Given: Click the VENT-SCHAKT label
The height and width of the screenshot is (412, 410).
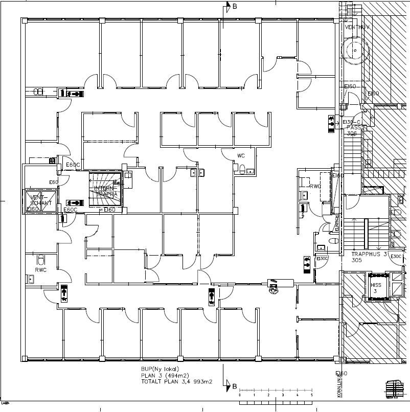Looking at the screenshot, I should click(41, 200).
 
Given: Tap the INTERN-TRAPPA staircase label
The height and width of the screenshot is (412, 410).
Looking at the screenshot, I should click(106, 191).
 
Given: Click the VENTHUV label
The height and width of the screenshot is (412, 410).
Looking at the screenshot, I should click(357, 27).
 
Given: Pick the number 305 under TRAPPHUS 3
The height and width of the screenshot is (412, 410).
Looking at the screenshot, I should click(357, 260).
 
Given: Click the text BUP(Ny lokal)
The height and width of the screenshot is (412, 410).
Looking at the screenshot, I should click(161, 368).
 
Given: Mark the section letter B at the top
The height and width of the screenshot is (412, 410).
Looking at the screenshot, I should click(235, 7).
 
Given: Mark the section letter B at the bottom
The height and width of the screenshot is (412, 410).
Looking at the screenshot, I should click(235, 386).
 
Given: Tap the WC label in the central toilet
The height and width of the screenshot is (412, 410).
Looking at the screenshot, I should click(241, 155).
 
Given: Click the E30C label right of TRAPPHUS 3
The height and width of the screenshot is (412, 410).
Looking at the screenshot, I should click(396, 257).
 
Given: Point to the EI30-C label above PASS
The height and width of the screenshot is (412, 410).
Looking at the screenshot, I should click(352, 122).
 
